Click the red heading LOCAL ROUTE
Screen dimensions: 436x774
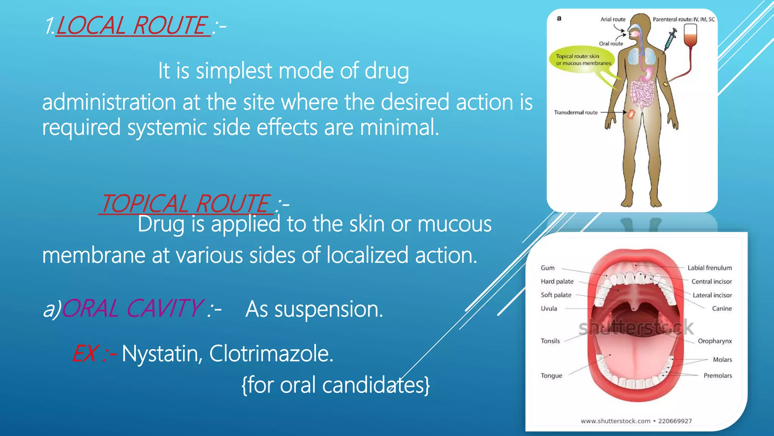click(x=132, y=26)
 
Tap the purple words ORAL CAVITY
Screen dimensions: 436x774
click(x=132, y=308)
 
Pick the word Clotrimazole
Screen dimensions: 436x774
click(x=271, y=354)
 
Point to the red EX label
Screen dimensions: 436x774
click(x=86, y=354)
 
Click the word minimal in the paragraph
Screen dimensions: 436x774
click(x=399, y=128)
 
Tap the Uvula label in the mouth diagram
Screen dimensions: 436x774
click(x=549, y=308)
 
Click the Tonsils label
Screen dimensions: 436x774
click(x=550, y=341)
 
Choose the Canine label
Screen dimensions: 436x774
click(x=721, y=308)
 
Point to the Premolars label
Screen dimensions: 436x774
click(x=717, y=375)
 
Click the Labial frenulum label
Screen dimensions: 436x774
click(x=709, y=268)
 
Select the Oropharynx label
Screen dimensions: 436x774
click(x=715, y=341)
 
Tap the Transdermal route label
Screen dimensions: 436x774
click(x=576, y=112)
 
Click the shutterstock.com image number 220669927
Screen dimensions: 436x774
click(x=675, y=421)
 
